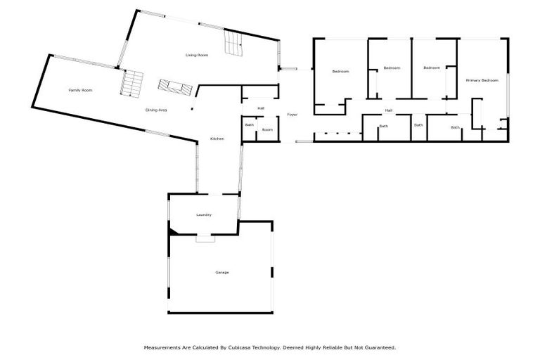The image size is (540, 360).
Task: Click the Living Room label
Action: pyautogui.click(x=197, y=55)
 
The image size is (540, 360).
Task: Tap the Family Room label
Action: pyautogui.click(x=80, y=90)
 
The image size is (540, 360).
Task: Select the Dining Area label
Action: pyautogui.click(x=156, y=110)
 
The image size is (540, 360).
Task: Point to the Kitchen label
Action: pyautogui.click(x=217, y=139)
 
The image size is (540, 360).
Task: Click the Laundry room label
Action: pyautogui.click(x=204, y=215)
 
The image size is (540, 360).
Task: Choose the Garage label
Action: pyautogui.click(x=221, y=273)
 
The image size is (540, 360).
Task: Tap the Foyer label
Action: pyautogui.click(x=292, y=115)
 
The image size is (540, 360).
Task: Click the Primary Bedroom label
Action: pyautogui.click(x=482, y=80)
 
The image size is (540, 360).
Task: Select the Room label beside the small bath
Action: pyautogui.click(x=267, y=130)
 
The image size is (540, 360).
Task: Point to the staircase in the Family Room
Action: pyautogui.click(x=131, y=84)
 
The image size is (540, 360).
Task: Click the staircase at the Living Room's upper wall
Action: pyautogui.click(x=234, y=42)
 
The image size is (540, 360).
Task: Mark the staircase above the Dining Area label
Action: pyautogui.click(x=175, y=87)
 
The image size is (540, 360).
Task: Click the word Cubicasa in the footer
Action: pyautogui.click(x=238, y=347)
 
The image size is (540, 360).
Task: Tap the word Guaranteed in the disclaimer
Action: pyautogui.click(x=380, y=347)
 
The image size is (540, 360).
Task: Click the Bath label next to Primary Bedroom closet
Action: pyautogui.click(x=455, y=127)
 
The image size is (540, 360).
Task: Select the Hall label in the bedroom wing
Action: pyautogui.click(x=388, y=110)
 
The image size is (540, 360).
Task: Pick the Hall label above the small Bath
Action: pyautogui.click(x=261, y=108)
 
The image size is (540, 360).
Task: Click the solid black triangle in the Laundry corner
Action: pyautogui.click(x=173, y=232)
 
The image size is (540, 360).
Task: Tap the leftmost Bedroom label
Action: pyautogui.click(x=340, y=71)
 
